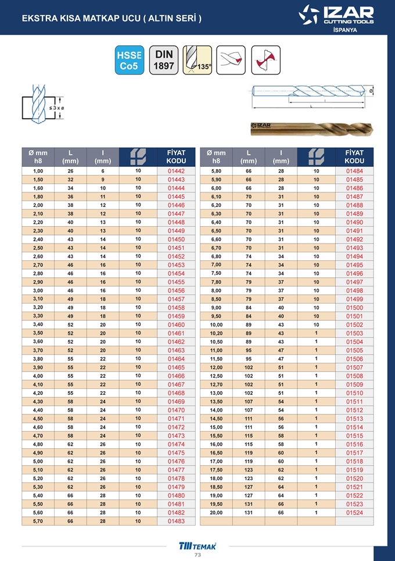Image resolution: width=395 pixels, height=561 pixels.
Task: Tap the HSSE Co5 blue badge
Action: (130, 60)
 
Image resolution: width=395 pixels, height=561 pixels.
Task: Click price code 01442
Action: (175, 171)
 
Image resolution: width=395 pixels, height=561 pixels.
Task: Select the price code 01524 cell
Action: (354, 513)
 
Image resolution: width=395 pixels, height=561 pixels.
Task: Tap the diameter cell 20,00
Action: (216, 513)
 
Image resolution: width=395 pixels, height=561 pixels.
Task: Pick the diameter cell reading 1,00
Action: (38, 171)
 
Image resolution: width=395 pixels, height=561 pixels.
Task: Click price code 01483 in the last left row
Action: (175, 522)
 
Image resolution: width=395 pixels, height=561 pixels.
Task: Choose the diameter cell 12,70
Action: (216, 384)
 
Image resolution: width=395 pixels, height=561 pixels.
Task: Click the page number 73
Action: (197, 555)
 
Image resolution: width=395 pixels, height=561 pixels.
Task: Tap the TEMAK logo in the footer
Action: (197, 545)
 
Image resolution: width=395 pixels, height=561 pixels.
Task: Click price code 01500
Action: (354, 308)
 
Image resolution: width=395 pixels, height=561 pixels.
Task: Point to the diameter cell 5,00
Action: (38, 462)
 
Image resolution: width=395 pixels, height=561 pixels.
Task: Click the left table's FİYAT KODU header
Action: (175, 156)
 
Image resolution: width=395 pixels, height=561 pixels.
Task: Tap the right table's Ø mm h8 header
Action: (216, 156)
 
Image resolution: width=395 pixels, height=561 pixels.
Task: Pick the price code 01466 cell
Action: (175, 376)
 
